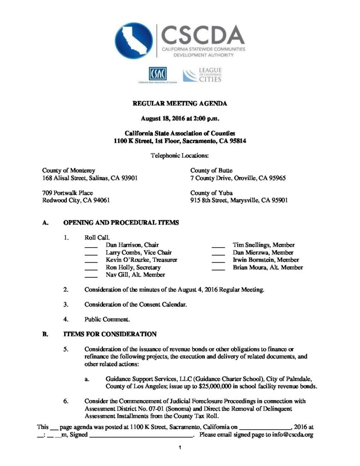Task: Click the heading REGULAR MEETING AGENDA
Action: (180, 104)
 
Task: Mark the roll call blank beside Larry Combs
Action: (91, 253)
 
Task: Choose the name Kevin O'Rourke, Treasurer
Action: (141, 260)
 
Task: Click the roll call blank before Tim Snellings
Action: (218, 246)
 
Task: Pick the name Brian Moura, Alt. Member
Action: (268, 267)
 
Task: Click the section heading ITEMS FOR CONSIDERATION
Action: (110, 334)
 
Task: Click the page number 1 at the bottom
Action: (180, 448)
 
